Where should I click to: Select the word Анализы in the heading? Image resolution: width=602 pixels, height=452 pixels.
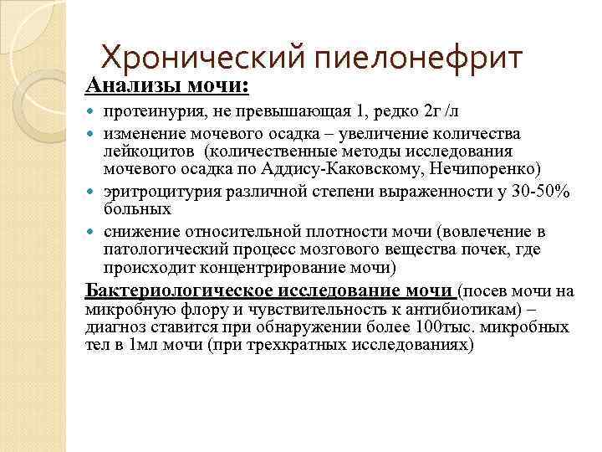[126, 86]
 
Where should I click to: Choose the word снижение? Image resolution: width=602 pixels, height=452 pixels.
[139, 232]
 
